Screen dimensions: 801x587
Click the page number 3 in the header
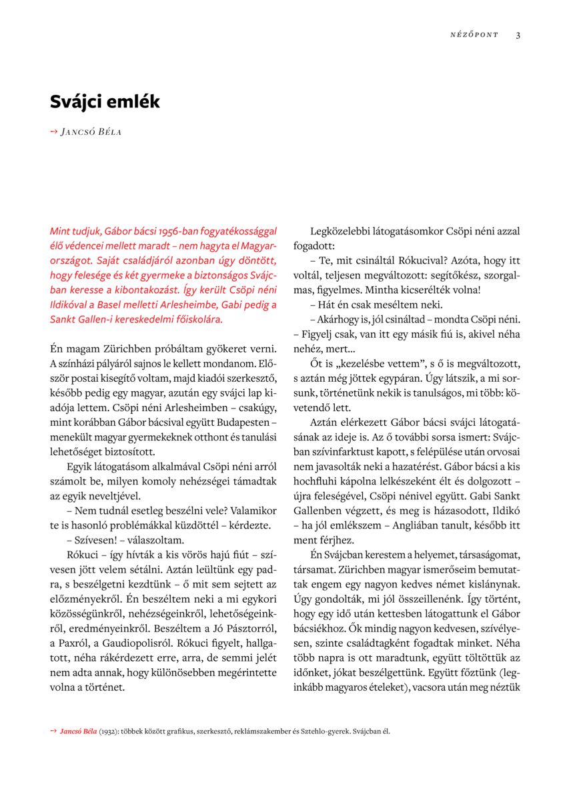coord(518,35)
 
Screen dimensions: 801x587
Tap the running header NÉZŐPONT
coord(474,35)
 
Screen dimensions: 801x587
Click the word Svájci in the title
coord(77,102)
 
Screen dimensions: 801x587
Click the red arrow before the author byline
coord(53,131)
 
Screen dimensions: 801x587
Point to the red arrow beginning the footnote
coord(53,731)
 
